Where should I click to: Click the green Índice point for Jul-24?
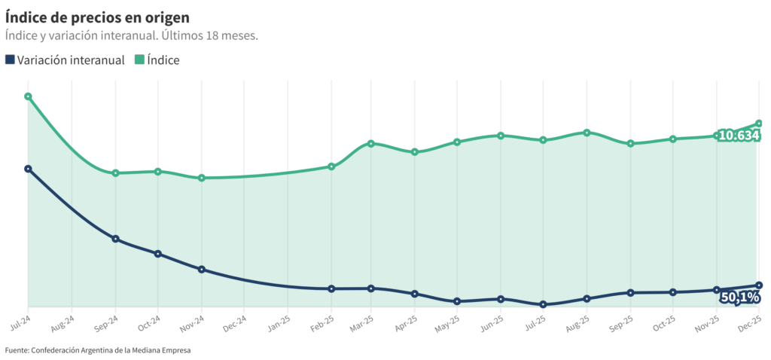point(28,96)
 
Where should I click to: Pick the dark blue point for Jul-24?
point(28,169)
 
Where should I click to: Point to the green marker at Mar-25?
point(371,143)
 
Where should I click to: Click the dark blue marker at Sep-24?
point(115,239)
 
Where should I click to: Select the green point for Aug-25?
point(587,133)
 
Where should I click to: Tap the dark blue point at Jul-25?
point(543,304)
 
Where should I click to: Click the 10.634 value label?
point(738,136)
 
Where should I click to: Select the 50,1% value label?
point(739,297)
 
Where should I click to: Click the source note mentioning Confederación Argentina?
point(98,350)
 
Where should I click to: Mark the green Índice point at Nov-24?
point(202,178)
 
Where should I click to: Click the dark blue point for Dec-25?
point(759,285)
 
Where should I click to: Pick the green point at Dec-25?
point(759,123)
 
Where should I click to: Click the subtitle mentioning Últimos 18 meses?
point(132,35)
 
